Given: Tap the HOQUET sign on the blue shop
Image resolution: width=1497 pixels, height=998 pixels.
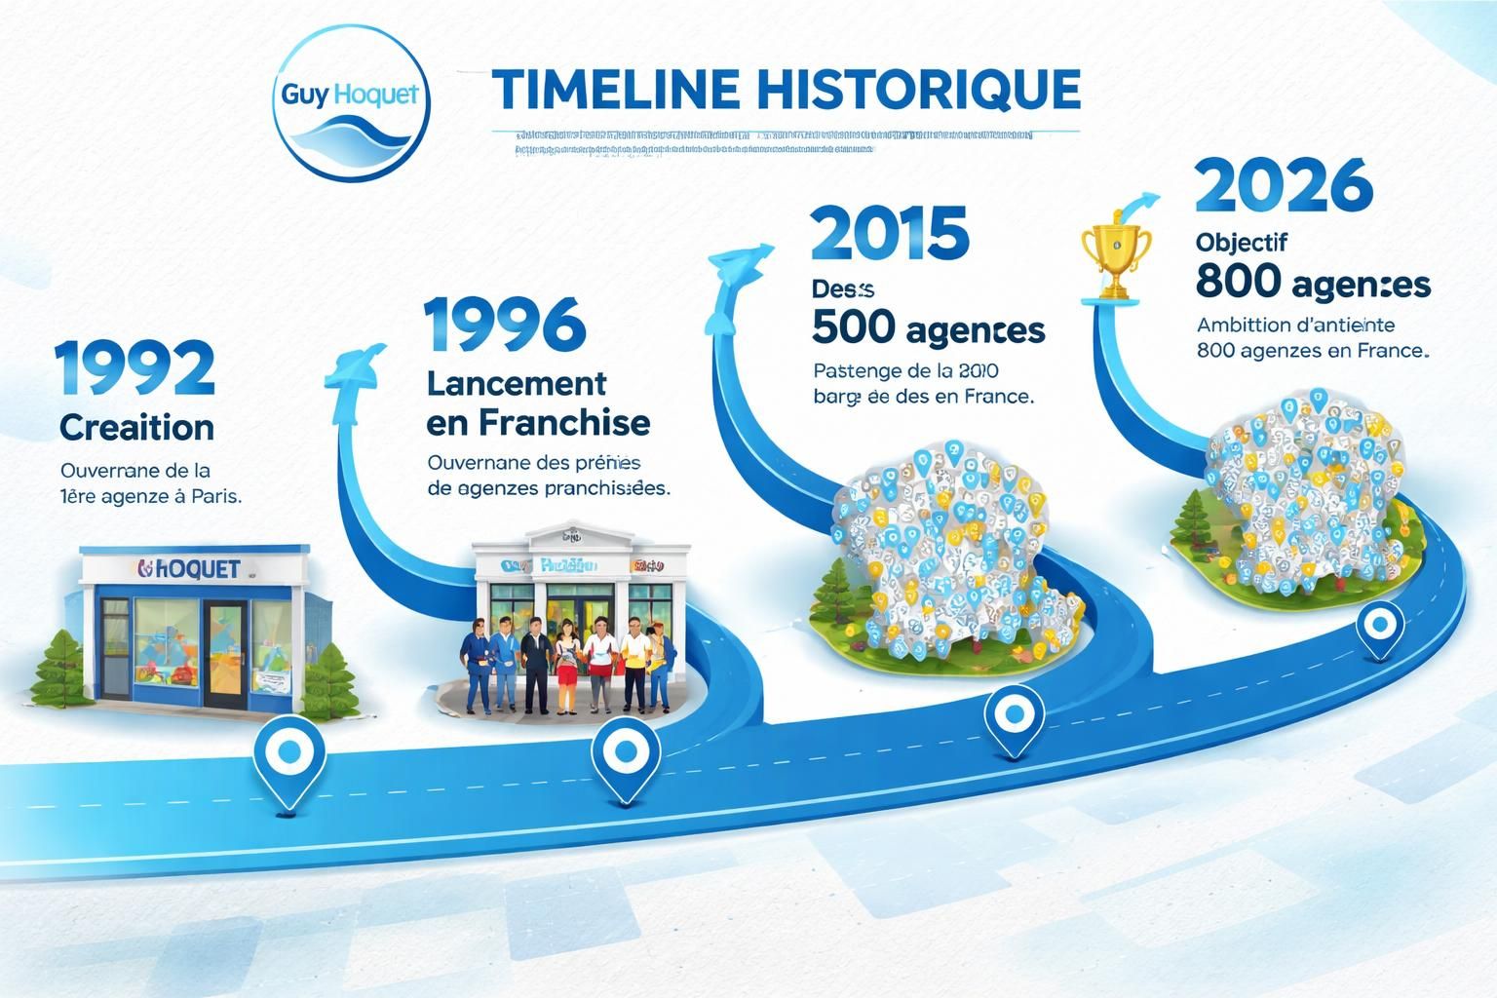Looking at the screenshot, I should pyautogui.click(x=196, y=568).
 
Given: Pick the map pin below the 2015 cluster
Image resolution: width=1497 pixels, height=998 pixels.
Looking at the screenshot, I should pyautogui.click(x=1014, y=717).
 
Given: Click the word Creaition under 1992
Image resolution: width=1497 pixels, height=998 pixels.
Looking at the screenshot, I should pyautogui.click(x=136, y=427).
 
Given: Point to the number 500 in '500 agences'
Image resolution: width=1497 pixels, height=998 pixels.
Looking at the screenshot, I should pyautogui.click(x=852, y=328).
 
